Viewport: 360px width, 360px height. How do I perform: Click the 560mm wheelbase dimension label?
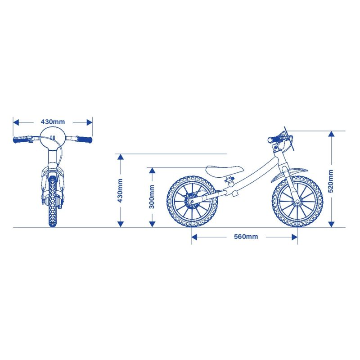pyautogui.click(x=246, y=237)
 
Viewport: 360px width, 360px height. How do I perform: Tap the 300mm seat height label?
pyautogui.click(x=152, y=197)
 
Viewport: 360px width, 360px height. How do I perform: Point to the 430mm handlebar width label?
pyautogui.click(x=53, y=121)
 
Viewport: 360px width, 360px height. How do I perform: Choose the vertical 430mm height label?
pyautogui.click(x=120, y=190)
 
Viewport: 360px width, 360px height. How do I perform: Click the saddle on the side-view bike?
pyautogui.click(x=224, y=170)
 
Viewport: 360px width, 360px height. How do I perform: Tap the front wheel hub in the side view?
pyautogui.click(x=297, y=202)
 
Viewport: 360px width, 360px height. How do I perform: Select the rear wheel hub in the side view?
pyautogui.click(x=192, y=201)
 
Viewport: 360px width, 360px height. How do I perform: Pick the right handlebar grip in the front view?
pyautogui.click(x=85, y=139)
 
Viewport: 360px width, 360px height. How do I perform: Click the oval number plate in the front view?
pyautogui.click(x=53, y=138)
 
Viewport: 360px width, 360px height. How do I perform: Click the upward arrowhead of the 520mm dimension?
pyautogui.click(x=331, y=134)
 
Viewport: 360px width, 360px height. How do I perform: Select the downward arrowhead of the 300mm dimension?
pyautogui.click(x=152, y=224)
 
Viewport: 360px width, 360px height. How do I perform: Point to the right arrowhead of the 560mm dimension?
pyautogui.click(x=294, y=237)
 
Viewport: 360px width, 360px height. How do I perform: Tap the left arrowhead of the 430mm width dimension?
pyautogui.click(x=16, y=122)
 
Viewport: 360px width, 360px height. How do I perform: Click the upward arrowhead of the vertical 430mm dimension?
pyautogui.click(x=120, y=157)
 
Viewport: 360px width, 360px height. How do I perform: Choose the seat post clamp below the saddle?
pyautogui.click(x=230, y=179)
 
